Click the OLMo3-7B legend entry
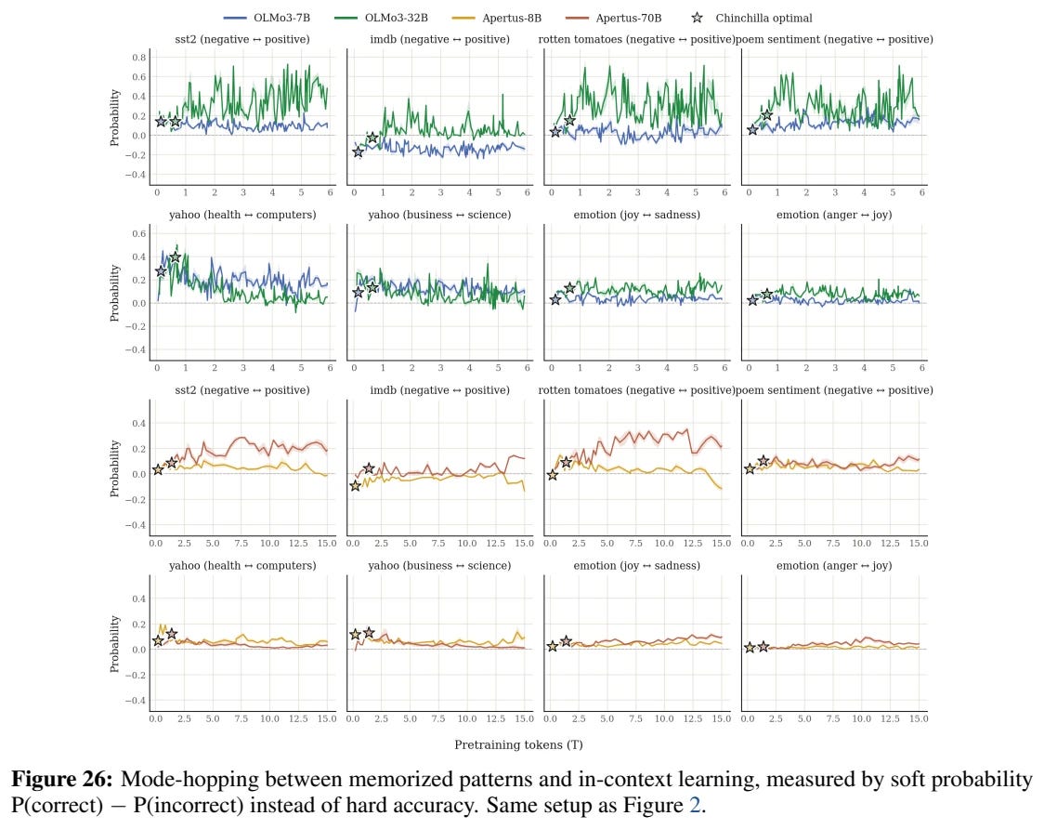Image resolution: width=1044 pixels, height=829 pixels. coord(267,18)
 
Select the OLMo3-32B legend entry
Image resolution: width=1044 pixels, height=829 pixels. coord(381,18)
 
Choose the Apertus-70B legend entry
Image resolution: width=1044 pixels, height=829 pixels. coord(612,18)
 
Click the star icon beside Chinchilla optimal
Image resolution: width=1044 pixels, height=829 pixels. coord(697,18)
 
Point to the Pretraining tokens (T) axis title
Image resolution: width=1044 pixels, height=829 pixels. coord(518,744)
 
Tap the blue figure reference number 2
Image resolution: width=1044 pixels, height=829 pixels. coord(695,805)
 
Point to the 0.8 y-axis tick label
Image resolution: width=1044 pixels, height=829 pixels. coord(138,58)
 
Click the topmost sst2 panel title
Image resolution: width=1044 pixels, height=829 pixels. coord(242,39)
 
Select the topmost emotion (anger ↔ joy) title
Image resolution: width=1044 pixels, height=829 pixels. coord(834,215)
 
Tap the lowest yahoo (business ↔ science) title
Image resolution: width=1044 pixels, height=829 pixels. coord(439,565)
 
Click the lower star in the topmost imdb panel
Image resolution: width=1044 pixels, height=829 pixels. coord(359,151)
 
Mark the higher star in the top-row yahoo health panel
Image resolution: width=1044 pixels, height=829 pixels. coord(176,257)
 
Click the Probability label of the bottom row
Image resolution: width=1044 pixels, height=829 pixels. coord(114,644)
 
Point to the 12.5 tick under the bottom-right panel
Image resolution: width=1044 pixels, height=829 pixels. coord(890,718)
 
